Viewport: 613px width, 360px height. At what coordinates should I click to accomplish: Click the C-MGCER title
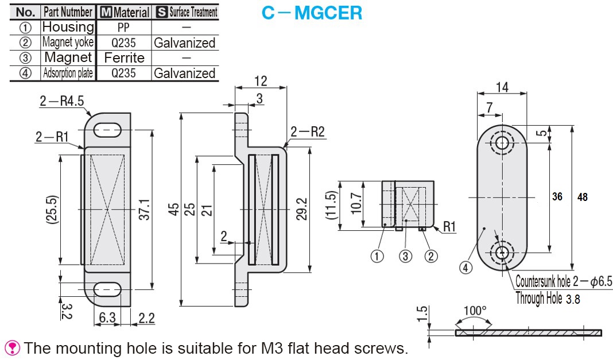coord(312,13)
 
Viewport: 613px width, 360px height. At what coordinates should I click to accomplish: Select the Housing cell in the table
coord(68,27)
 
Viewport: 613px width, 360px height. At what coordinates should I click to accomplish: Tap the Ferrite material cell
coord(124,57)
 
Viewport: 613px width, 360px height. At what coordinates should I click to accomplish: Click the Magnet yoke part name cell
coord(68,42)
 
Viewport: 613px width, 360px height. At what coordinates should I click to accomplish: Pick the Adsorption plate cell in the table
coord(68,73)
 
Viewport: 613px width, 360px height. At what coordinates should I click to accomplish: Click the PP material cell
coord(124,27)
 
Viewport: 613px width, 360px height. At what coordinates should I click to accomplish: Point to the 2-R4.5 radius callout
coord(61,101)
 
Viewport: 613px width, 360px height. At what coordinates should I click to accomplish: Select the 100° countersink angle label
coord(475,311)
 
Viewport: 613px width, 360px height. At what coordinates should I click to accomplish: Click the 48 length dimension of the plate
coord(583,197)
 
